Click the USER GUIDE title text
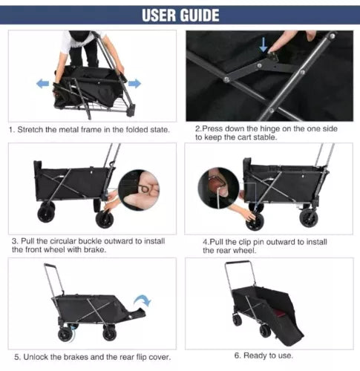point(180,15)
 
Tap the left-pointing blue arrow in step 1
point(42,84)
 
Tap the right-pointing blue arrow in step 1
point(134,84)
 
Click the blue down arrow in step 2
point(264,45)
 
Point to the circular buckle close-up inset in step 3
point(139,190)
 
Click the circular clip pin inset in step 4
point(219,188)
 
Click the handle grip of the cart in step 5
point(50,265)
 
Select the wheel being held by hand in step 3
point(105,219)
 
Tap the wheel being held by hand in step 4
point(255,221)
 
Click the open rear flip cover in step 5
point(137,313)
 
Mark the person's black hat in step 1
point(79,36)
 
